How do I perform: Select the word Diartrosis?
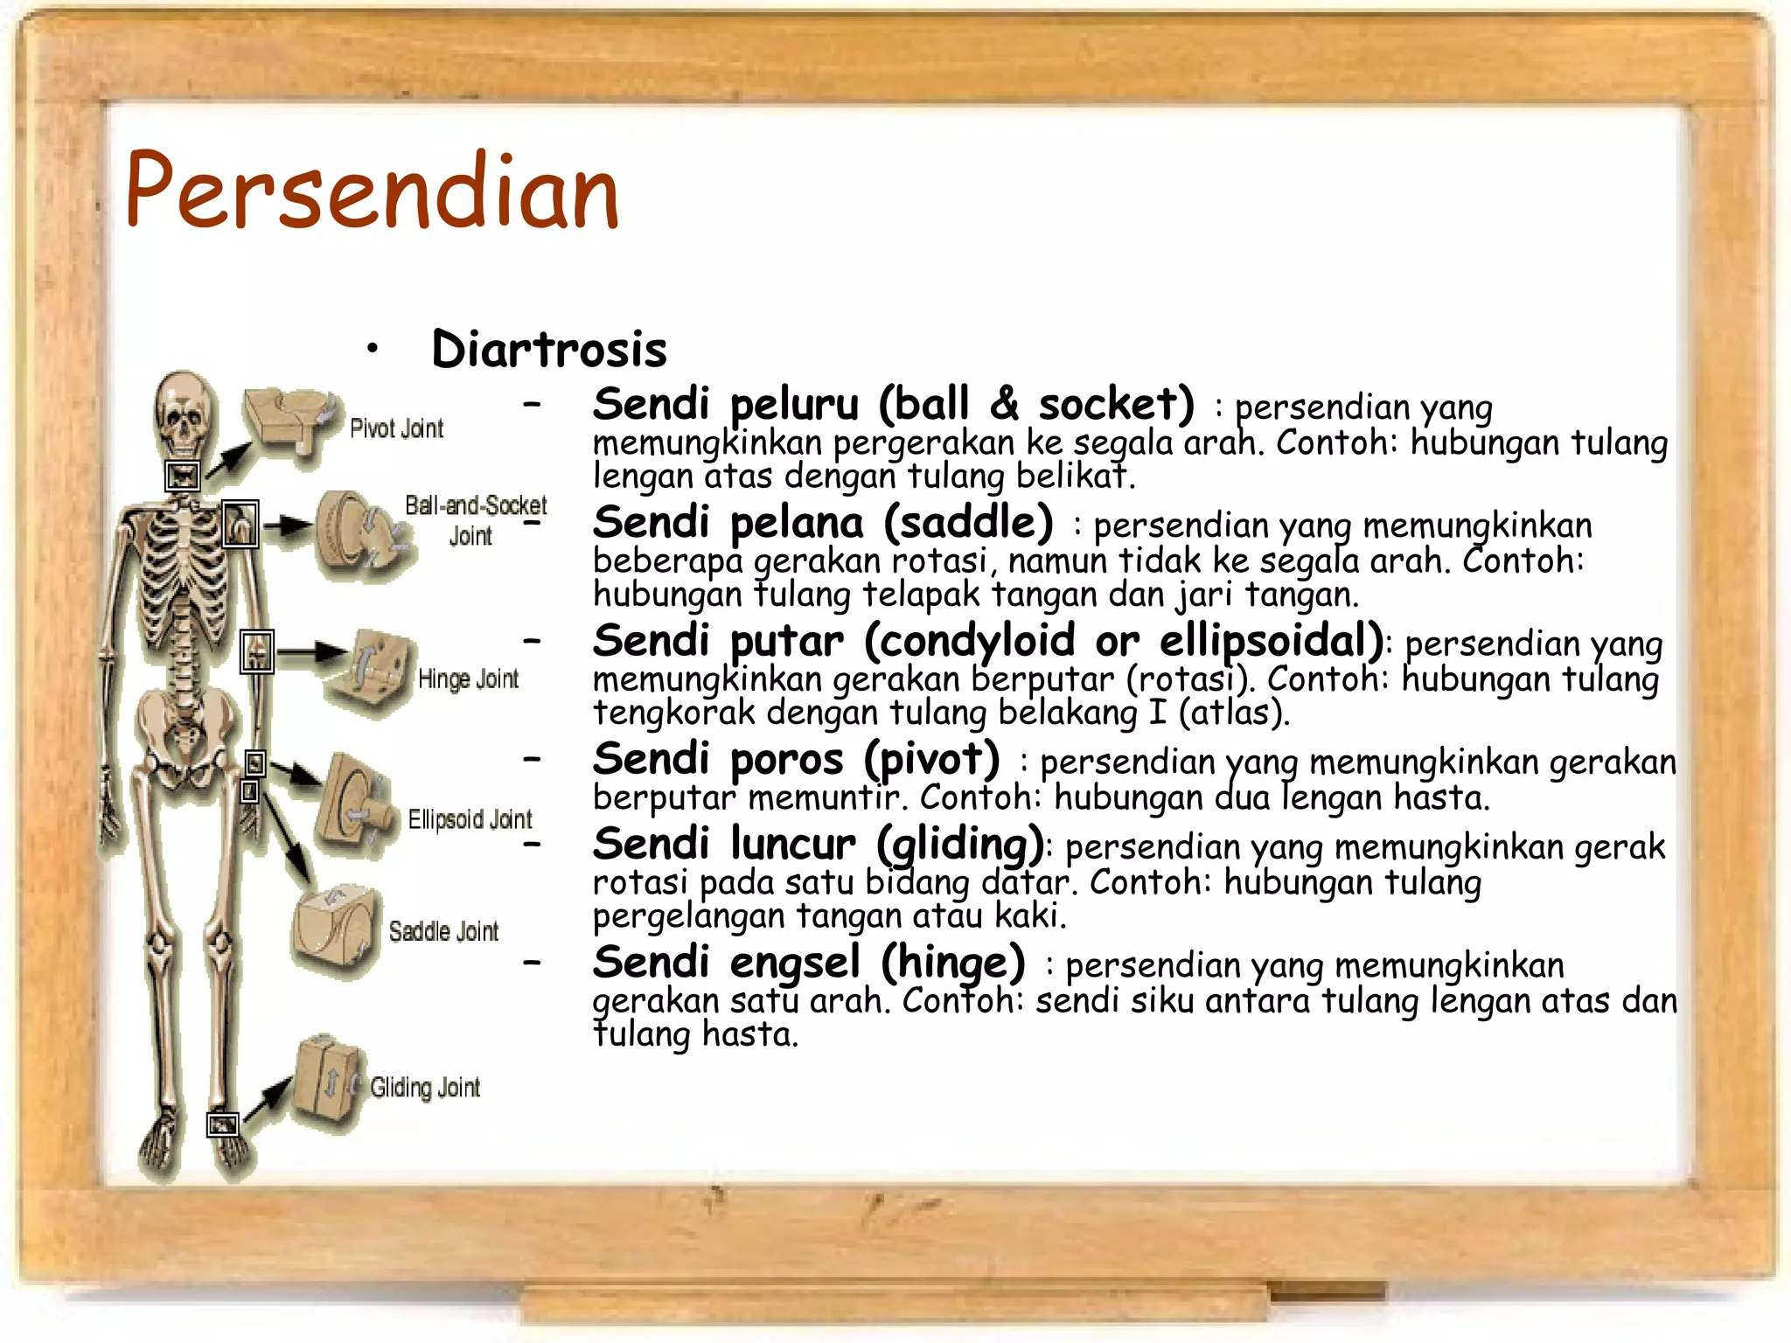pos(549,349)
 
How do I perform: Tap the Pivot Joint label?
pos(396,428)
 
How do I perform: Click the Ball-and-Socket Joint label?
pos(475,519)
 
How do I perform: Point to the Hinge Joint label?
pos(468,678)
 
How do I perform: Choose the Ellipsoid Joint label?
pos(470,819)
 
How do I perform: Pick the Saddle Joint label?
pos(443,931)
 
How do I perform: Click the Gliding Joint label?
pos(425,1088)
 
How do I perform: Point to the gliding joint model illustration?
pos(326,1084)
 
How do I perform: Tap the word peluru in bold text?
pos(794,405)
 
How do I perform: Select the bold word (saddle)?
pos(968,523)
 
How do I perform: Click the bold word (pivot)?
pos(931,759)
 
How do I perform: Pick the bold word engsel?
pos(794,964)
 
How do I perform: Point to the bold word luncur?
pos(793,845)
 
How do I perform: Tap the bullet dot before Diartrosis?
pos(373,350)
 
